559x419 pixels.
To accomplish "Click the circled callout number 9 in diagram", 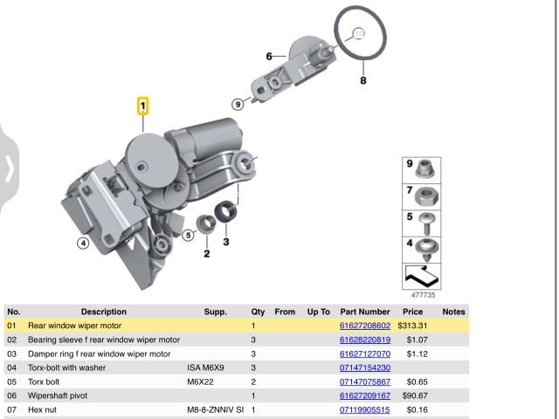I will pos(238,103).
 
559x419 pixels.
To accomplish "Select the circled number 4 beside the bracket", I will pos(83,243).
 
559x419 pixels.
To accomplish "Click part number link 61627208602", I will pos(365,326).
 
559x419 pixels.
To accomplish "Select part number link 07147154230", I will pos(365,367).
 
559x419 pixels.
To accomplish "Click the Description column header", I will pos(104,312).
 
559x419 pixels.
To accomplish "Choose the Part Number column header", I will pos(365,312).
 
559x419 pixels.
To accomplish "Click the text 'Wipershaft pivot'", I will pos(59,395).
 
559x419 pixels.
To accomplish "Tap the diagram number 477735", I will pos(423,296).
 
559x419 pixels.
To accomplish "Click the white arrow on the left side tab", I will pos(10,168).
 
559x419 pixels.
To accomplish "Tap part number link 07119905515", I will pos(365,409).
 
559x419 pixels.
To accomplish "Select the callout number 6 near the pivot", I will pos(270,56).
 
